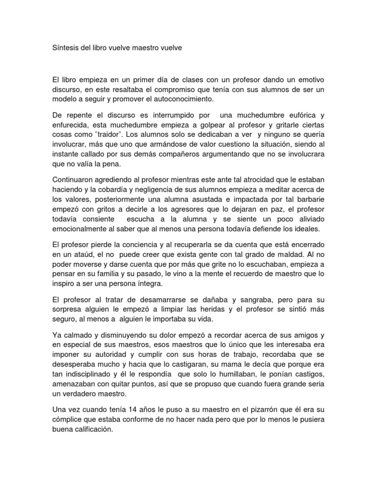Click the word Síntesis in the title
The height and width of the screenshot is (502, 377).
point(65,48)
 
